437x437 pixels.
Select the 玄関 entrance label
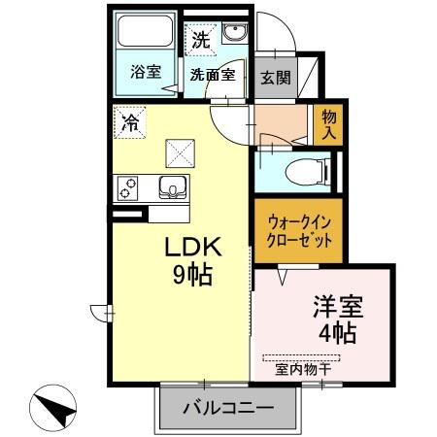pos(276,77)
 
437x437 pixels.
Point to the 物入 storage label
pos(328,123)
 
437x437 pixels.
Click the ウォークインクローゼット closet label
pos(299,230)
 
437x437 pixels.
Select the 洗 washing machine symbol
pos(199,40)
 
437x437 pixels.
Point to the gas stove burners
pos(127,188)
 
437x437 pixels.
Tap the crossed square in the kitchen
pos(179,151)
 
